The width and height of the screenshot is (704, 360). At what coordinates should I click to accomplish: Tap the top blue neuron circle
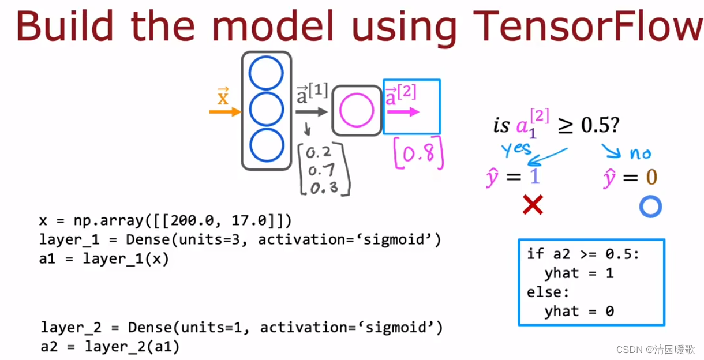click(266, 74)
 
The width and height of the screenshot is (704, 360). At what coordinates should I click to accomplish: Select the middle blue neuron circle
click(266, 110)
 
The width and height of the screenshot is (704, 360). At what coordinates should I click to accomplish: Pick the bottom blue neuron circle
click(266, 145)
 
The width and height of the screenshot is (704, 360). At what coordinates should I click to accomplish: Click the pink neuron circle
click(357, 111)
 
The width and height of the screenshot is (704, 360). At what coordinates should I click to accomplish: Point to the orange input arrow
click(224, 112)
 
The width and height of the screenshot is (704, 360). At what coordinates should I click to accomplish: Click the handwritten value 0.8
click(420, 154)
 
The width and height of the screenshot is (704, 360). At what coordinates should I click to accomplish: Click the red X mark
click(532, 205)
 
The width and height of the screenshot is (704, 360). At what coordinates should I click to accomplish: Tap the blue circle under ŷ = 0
click(650, 207)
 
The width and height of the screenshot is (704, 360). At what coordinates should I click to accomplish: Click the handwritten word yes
click(516, 149)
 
